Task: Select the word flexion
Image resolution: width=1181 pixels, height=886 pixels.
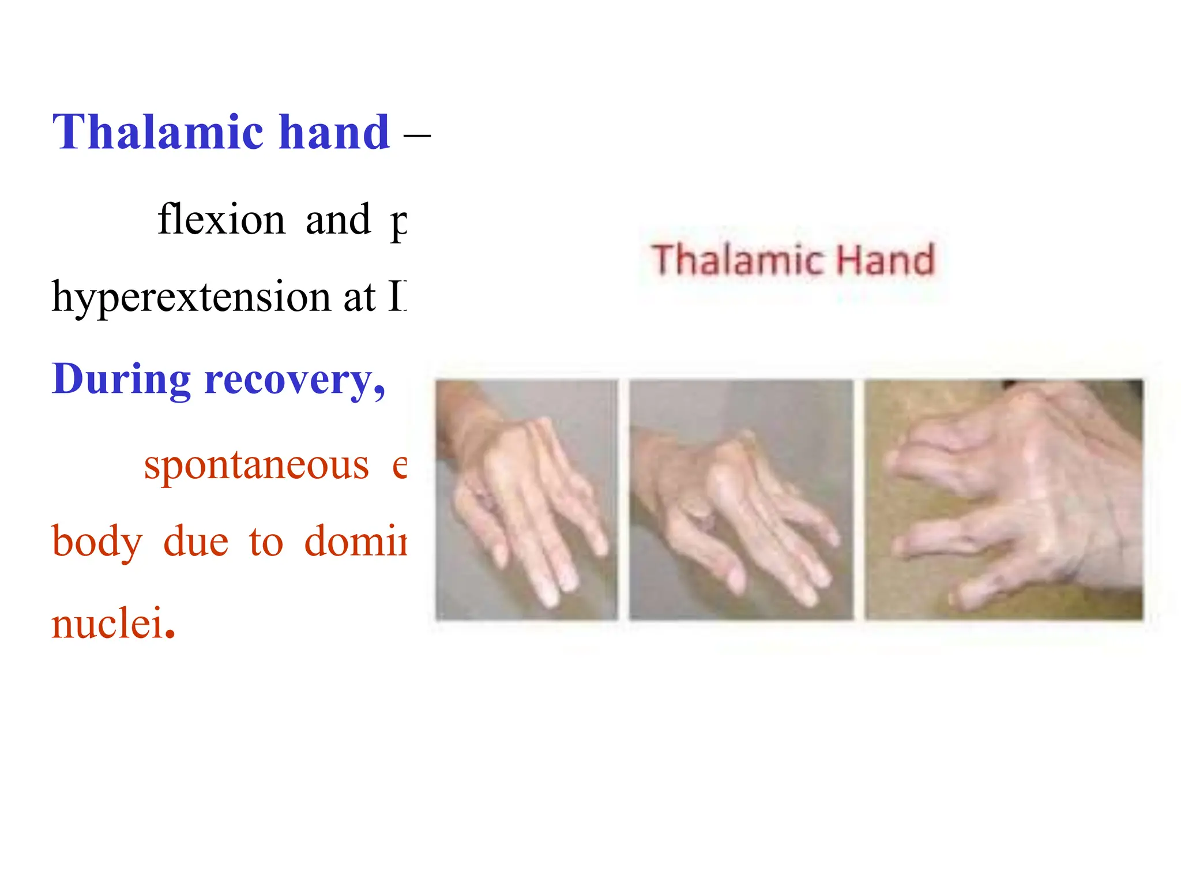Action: [x=221, y=220]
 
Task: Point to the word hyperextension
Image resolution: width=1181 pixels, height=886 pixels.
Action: [x=191, y=297]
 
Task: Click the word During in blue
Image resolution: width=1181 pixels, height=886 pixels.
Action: [x=121, y=380]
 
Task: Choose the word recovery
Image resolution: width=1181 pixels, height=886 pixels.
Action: [x=294, y=380]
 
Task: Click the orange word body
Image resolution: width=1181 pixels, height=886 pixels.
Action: [x=97, y=542]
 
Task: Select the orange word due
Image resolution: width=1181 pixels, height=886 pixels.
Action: [x=196, y=542]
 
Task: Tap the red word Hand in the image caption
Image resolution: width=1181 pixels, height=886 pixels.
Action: [x=885, y=260]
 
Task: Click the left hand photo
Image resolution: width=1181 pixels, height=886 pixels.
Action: [x=526, y=500]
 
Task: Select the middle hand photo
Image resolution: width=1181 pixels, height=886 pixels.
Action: [x=741, y=500]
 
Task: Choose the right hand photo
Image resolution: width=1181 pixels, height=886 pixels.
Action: [x=1003, y=500]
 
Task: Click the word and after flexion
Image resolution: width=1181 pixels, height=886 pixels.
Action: [x=338, y=220]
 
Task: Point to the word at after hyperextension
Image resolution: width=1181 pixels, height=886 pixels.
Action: [x=359, y=297]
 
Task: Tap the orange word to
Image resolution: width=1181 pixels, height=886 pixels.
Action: [x=266, y=542]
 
